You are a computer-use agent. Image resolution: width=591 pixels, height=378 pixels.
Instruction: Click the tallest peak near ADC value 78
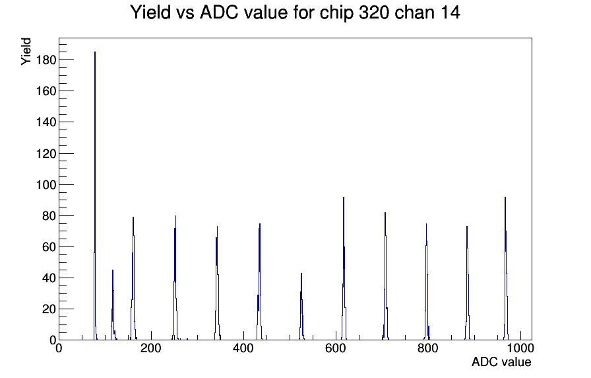(x=95, y=196)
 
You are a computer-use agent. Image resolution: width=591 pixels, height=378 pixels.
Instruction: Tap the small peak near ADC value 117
(x=113, y=305)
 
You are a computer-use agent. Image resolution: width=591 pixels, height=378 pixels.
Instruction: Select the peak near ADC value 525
(x=301, y=306)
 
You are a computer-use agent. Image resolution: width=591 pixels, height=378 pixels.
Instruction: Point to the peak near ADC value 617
(x=344, y=268)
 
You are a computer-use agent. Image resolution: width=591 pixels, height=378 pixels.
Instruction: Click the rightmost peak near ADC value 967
(x=505, y=268)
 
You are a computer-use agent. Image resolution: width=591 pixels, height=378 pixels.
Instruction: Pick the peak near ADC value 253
(x=175, y=278)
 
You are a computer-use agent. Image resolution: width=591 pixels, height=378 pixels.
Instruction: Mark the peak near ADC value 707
(x=385, y=276)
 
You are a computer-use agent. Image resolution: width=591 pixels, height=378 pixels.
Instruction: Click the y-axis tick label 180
(x=46, y=60)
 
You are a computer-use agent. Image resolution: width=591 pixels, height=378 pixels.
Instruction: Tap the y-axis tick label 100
(x=46, y=184)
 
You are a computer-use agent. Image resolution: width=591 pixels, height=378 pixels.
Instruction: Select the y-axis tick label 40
(x=49, y=278)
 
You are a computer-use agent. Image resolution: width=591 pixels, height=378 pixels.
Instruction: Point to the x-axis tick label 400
(x=243, y=348)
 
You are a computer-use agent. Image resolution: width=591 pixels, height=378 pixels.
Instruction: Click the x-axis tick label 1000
(x=520, y=348)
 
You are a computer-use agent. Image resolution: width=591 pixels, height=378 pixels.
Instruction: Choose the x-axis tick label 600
(x=336, y=348)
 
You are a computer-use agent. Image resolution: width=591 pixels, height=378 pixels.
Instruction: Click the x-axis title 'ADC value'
(x=501, y=361)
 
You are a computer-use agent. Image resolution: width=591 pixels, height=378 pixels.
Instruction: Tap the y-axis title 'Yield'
(x=26, y=52)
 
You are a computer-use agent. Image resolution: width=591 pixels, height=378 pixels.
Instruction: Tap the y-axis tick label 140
(x=46, y=122)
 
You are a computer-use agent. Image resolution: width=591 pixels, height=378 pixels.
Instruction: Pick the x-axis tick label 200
(x=151, y=348)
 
